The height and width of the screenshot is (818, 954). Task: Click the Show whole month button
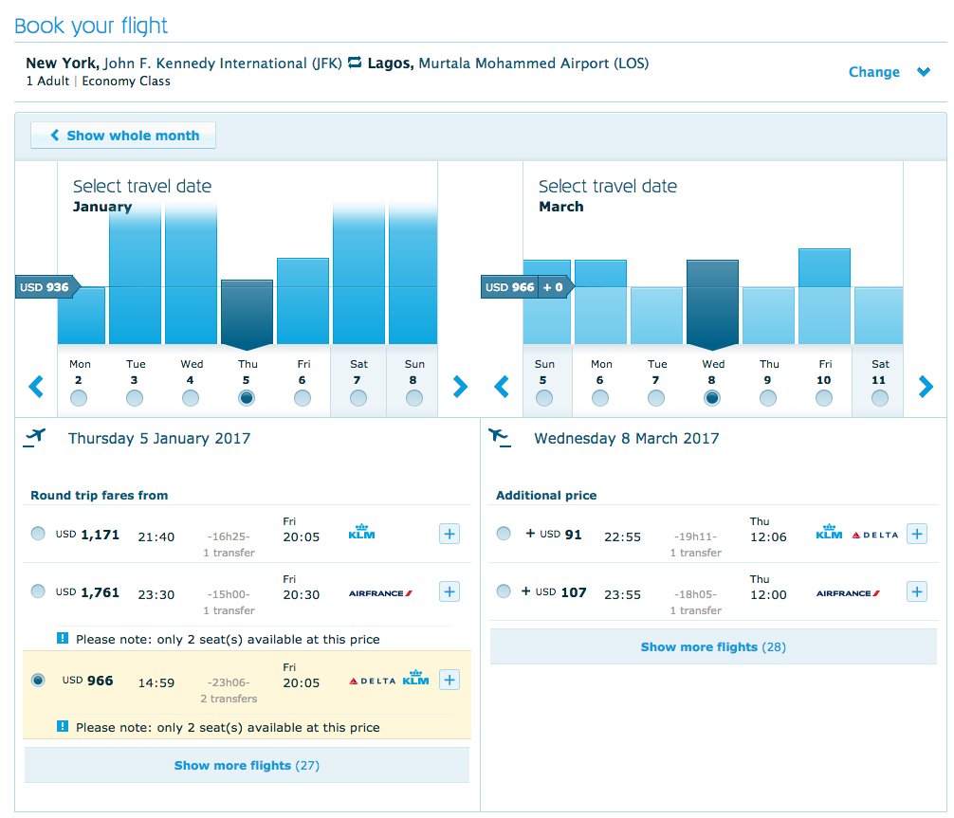(x=123, y=136)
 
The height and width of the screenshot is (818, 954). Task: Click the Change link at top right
(x=873, y=72)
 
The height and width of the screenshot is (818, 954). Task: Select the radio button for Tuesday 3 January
(x=135, y=399)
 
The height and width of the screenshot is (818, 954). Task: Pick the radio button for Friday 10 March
(x=823, y=399)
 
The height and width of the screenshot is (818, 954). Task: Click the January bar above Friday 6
(x=303, y=300)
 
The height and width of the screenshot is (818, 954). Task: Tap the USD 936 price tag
(x=46, y=286)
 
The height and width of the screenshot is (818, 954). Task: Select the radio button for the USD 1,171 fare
(x=38, y=534)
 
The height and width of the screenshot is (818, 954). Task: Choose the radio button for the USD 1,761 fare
(x=38, y=591)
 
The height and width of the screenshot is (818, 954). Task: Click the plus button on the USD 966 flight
(x=449, y=680)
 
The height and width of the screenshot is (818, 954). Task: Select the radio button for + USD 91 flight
(x=504, y=534)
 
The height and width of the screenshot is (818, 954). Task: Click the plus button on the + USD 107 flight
(x=916, y=591)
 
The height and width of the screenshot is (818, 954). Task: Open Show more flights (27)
(x=247, y=765)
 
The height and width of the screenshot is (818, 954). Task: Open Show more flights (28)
(x=713, y=646)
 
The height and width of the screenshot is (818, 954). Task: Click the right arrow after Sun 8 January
(x=460, y=386)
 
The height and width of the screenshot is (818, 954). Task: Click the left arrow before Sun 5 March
(x=503, y=386)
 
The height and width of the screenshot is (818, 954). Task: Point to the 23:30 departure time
(x=156, y=594)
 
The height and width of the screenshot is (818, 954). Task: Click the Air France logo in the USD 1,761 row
(x=380, y=593)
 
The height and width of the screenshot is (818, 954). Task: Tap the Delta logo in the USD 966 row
(x=373, y=681)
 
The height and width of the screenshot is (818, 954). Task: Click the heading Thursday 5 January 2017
(x=159, y=438)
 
